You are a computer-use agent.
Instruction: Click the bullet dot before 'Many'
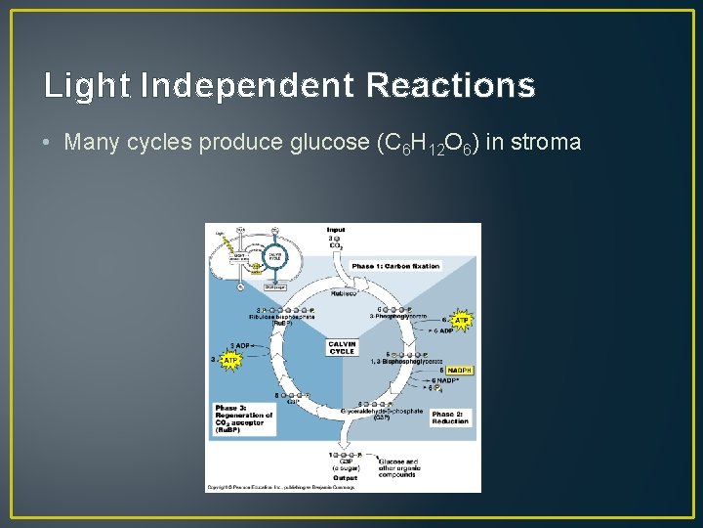click(49, 143)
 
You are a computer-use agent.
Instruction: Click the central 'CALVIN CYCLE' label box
click(342, 347)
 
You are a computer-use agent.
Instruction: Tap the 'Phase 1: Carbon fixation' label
click(395, 266)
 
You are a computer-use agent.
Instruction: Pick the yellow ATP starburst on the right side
click(462, 320)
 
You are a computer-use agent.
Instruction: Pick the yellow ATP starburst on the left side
click(231, 360)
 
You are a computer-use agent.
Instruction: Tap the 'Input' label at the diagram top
click(336, 230)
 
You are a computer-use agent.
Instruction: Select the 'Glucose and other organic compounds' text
click(398, 467)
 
